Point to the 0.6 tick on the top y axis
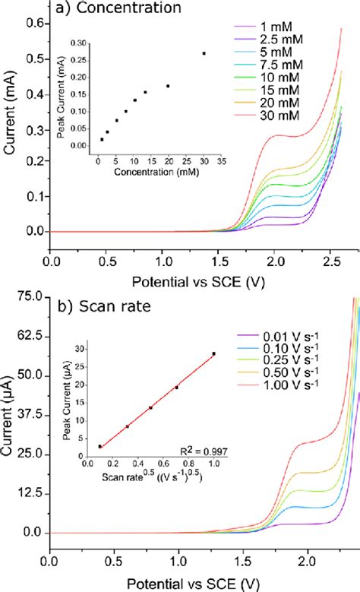click(33, 25)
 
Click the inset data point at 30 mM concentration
click(204, 53)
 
